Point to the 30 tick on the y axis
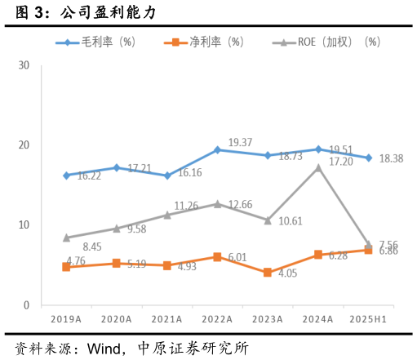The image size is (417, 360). tap(24, 65)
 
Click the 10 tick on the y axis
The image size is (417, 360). tap(24, 225)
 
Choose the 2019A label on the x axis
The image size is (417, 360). tap(66, 318)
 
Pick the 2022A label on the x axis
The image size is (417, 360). tap(217, 318)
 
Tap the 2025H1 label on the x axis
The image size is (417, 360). tap(368, 318)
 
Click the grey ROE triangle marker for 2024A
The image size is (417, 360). tap(318, 167)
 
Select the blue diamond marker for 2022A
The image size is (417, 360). tap(217, 149)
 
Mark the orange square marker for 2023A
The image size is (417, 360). tap(268, 273)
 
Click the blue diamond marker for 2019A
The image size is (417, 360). tap(66, 176)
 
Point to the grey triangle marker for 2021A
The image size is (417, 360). tap(167, 215)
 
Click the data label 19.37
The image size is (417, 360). tap(240, 143)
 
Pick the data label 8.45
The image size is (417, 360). tap(69, 247)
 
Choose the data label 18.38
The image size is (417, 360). tap(392, 159)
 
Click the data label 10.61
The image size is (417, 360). tap(290, 221)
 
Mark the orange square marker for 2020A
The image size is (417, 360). tap(117, 264)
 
